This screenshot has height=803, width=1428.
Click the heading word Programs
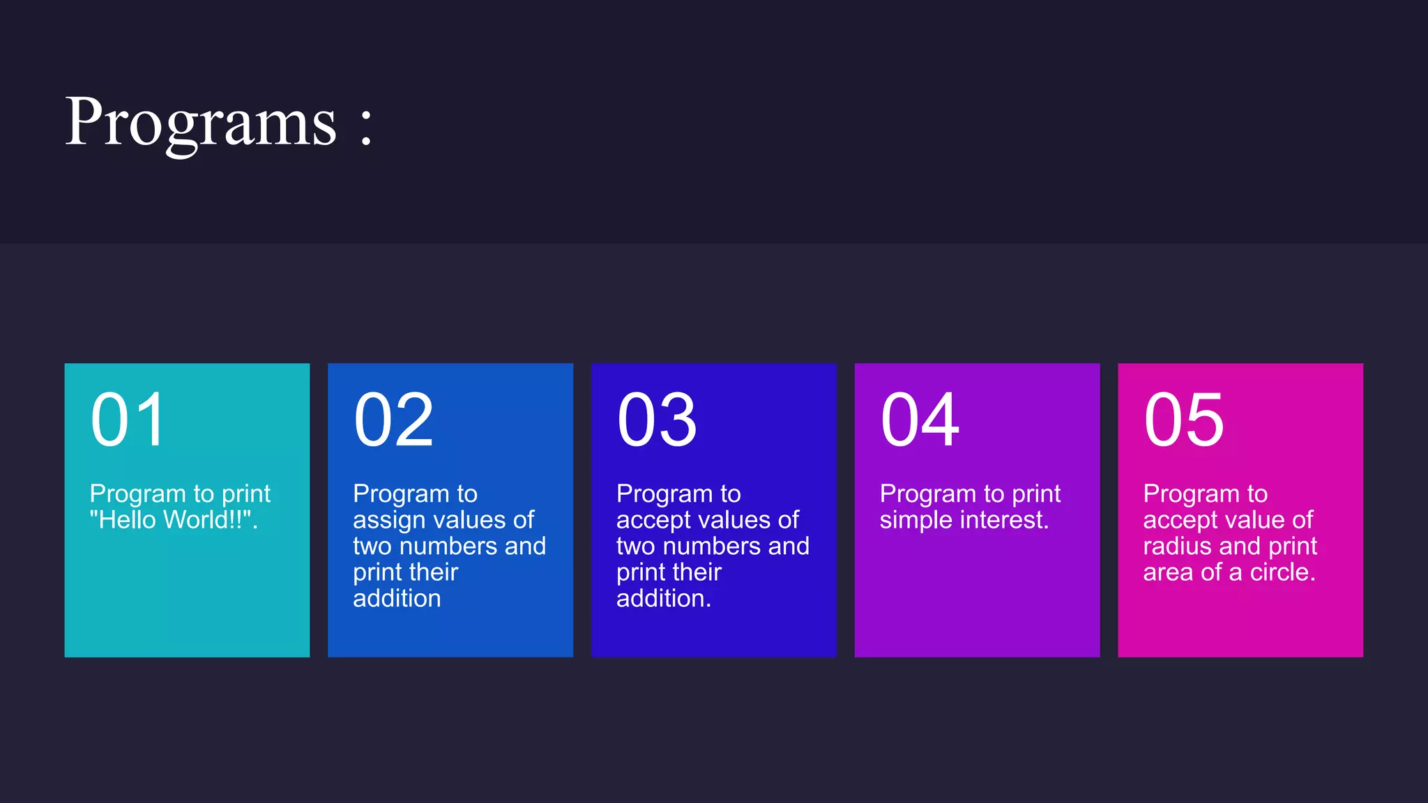[x=201, y=123]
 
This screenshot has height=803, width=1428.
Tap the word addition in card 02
[x=397, y=599]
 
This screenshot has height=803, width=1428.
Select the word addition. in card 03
[x=663, y=599]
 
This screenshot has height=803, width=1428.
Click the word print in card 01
[x=245, y=495]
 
